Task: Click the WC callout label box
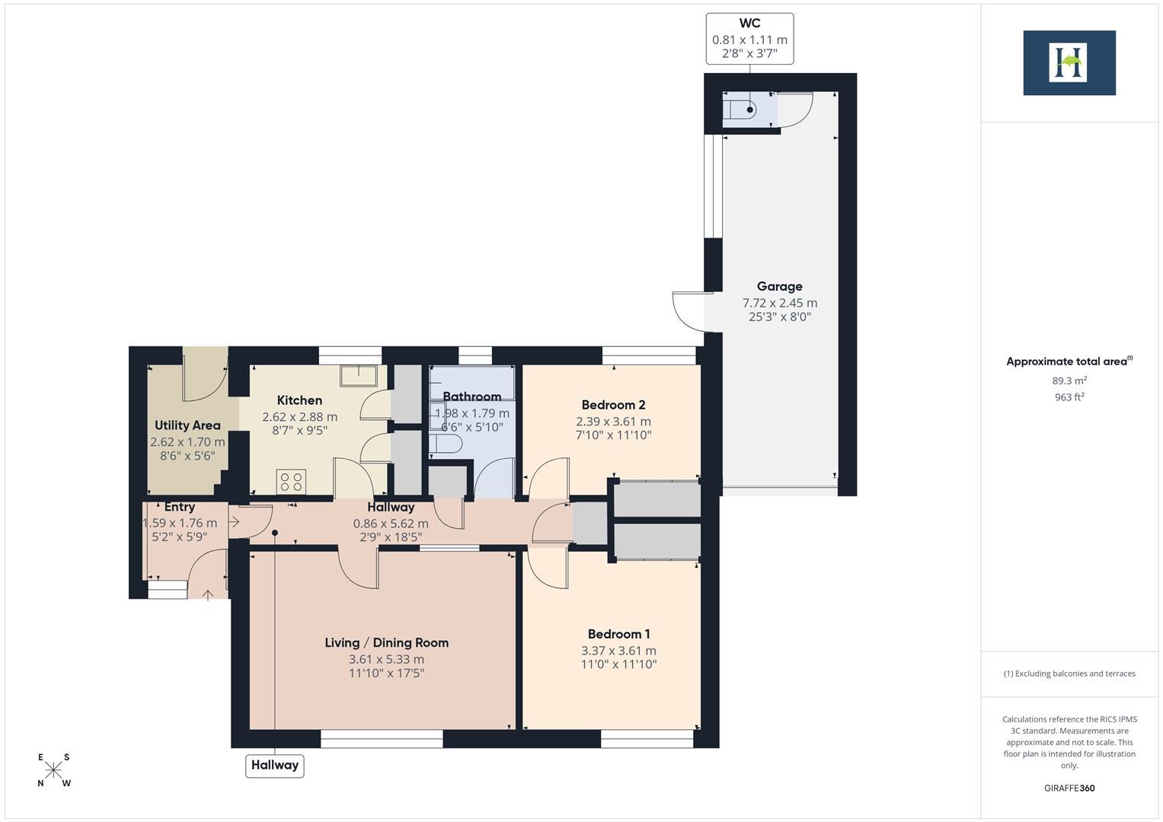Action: [749, 39]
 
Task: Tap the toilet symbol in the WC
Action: [741, 110]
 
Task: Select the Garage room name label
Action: [779, 286]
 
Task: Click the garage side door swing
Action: [689, 311]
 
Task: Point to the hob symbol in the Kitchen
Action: [291, 482]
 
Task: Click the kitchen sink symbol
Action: [358, 375]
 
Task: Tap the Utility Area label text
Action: [187, 425]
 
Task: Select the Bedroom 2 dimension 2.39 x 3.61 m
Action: [613, 422]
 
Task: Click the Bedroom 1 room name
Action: [618, 634]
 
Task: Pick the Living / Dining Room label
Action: [386, 642]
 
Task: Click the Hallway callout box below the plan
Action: [274, 765]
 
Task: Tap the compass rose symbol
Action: [53, 770]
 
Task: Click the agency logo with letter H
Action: [1069, 62]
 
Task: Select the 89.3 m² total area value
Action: [1069, 381]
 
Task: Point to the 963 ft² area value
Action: [1069, 397]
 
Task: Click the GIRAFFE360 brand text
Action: [1069, 788]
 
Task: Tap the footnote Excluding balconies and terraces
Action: [1069, 674]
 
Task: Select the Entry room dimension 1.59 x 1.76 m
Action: [180, 523]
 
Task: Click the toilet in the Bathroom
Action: [445, 444]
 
